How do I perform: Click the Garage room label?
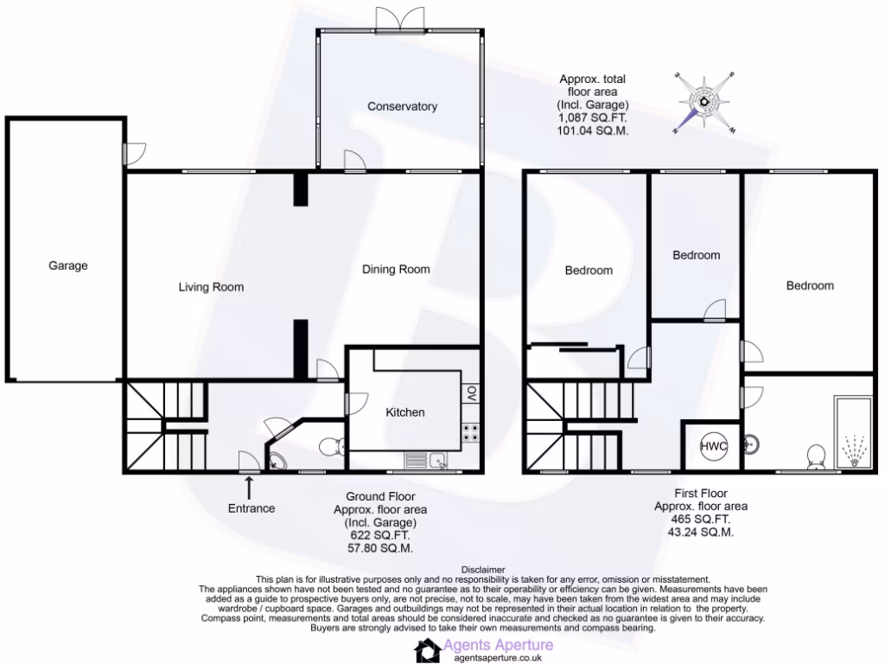pos(67,265)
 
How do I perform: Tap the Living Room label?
pos(211,287)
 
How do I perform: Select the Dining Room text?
pos(396,269)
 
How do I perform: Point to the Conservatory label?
pos(402,106)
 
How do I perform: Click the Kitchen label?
pos(404,412)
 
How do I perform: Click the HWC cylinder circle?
pos(713,446)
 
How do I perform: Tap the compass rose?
pos(704,102)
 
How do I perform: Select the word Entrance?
pos(251,508)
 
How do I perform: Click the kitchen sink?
pos(425,461)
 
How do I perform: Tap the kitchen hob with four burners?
pos(472,432)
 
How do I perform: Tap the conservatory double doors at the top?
pos(400,17)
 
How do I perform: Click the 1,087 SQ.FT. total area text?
pos(592,118)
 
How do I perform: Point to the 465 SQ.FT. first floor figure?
pos(691,520)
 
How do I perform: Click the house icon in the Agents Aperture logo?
pos(426,651)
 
